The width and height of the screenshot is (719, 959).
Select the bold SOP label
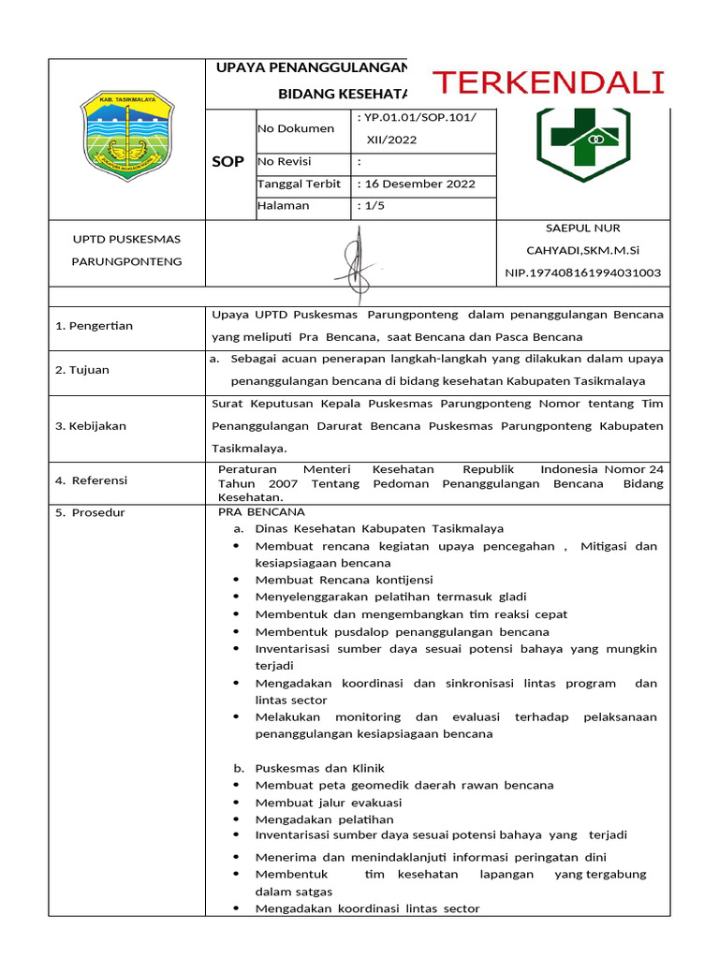[227, 162]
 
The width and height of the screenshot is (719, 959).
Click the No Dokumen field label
[295, 129]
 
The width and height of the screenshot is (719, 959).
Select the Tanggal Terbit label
[299, 184]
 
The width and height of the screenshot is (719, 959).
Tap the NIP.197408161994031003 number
[582, 273]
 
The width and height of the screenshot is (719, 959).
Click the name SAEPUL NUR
[582, 228]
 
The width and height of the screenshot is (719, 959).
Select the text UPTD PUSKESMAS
[126, 239]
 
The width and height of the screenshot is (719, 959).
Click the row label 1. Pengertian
[94, 326]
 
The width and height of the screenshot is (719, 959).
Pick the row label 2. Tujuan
[82, 370]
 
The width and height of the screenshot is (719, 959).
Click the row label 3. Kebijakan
[90, 426]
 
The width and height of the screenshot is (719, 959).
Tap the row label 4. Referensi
[91, 480]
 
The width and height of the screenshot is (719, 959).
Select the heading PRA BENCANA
[261, 512]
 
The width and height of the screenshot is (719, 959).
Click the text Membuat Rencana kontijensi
[344, 580]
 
